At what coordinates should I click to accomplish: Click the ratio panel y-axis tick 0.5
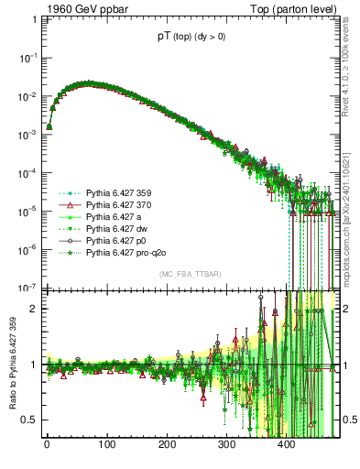tap(32, 420)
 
